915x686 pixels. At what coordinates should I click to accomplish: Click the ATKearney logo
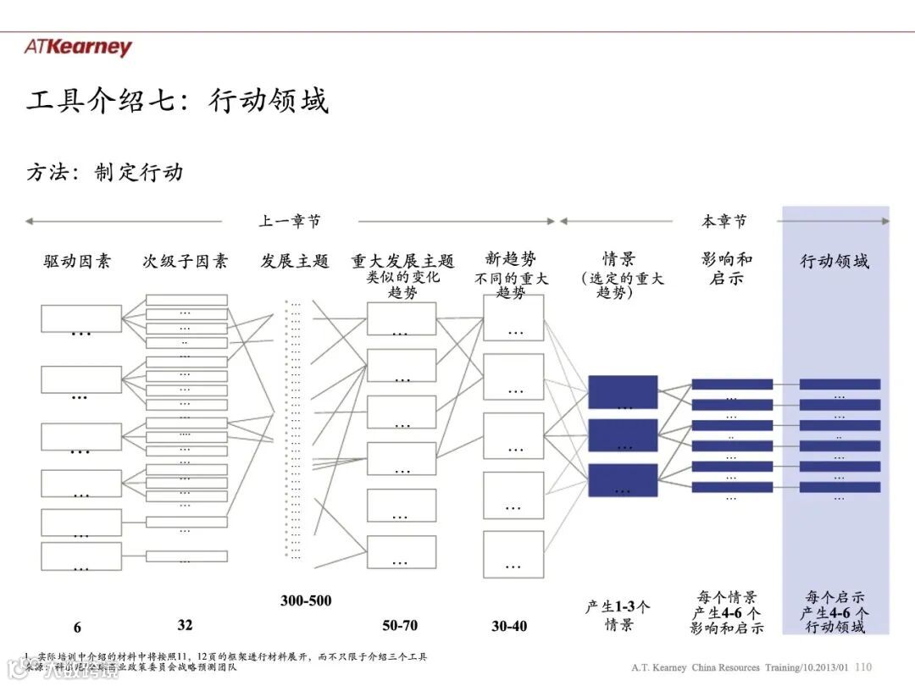[78, 47]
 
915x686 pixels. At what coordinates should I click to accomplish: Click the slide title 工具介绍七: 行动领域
[177, 101]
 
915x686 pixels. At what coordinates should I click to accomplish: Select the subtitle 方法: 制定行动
[104, 172]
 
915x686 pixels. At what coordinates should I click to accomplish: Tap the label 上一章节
[290, 221]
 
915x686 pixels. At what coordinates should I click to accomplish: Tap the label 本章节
[724, 221]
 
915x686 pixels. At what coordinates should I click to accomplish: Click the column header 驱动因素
[77, 261]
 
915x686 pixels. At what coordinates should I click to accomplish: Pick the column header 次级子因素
[185, 261]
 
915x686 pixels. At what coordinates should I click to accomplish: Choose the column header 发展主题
[294, 261]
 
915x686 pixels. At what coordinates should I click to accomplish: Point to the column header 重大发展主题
[403, 261]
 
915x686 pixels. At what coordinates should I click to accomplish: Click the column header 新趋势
[511, 258]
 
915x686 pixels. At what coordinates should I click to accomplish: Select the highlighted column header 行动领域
[835, 261]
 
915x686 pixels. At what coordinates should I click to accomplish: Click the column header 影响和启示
[726, 268]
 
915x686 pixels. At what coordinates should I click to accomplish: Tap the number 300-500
[306, 600]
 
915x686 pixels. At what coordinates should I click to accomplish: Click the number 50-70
[400, 626]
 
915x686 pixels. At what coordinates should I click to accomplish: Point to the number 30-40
[509, 626]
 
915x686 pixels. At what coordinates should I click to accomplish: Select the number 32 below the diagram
[185, 625]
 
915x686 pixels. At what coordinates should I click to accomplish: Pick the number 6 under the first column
[77, 628]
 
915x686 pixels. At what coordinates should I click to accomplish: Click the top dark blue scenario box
[623, 392]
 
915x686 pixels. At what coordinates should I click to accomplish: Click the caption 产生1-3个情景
[618, 616]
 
